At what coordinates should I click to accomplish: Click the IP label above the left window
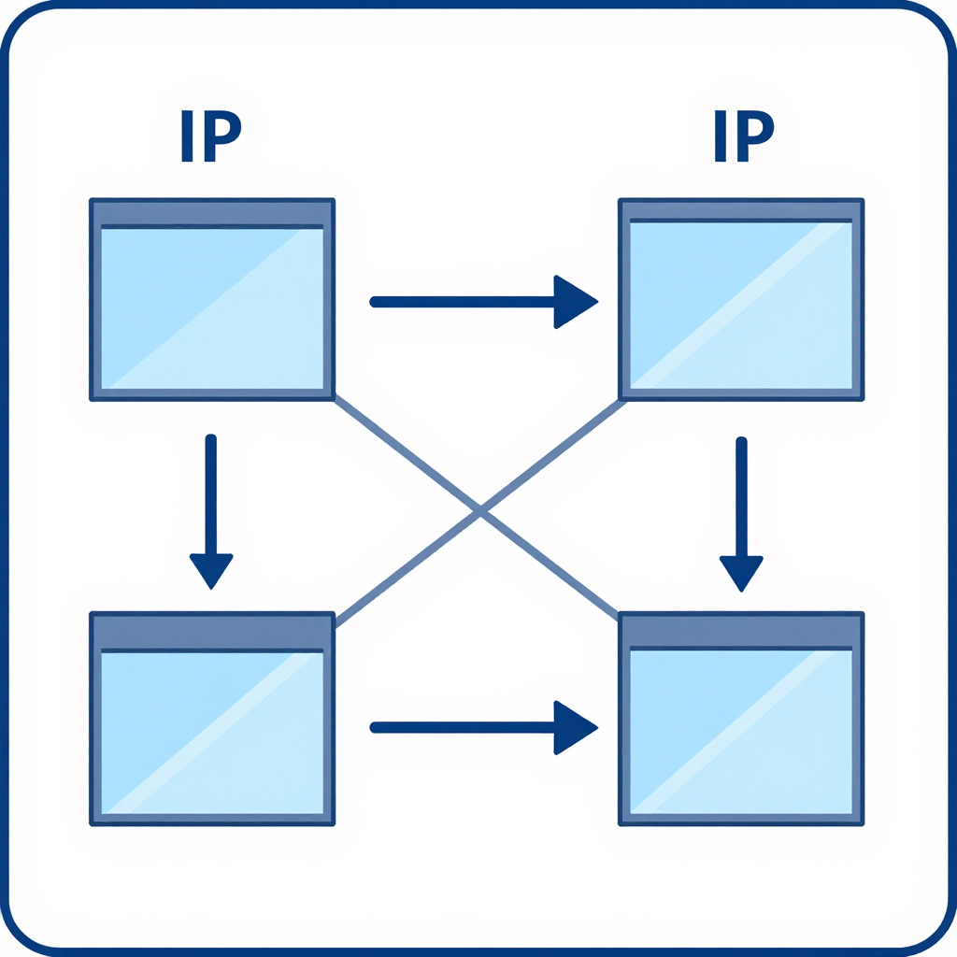pos(211,136)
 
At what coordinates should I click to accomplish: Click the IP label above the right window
pos(744,136)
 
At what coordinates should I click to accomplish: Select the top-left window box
pos(212,300)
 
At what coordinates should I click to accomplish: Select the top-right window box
pos(741,300)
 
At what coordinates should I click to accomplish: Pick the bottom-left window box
pos(212,719)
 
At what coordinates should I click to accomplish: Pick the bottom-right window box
pos(741,719)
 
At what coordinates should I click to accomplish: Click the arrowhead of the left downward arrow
pos(211,571)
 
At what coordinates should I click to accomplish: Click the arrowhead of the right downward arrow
pos(741,574)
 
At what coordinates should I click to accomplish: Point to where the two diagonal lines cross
pos(480,510)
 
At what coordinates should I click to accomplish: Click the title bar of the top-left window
pos(212,212)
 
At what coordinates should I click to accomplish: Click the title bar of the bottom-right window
pos(741,630)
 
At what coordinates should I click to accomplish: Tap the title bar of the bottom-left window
pos(212,631)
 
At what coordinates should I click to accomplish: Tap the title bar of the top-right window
pos(741,209)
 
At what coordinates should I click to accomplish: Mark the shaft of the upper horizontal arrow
pos(462,302)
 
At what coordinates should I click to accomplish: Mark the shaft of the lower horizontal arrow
pos(462,727)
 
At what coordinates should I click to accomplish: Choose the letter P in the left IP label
pos(222,136)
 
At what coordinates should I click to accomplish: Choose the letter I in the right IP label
pos(721,136)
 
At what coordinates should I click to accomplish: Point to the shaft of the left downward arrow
pos(211,494)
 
